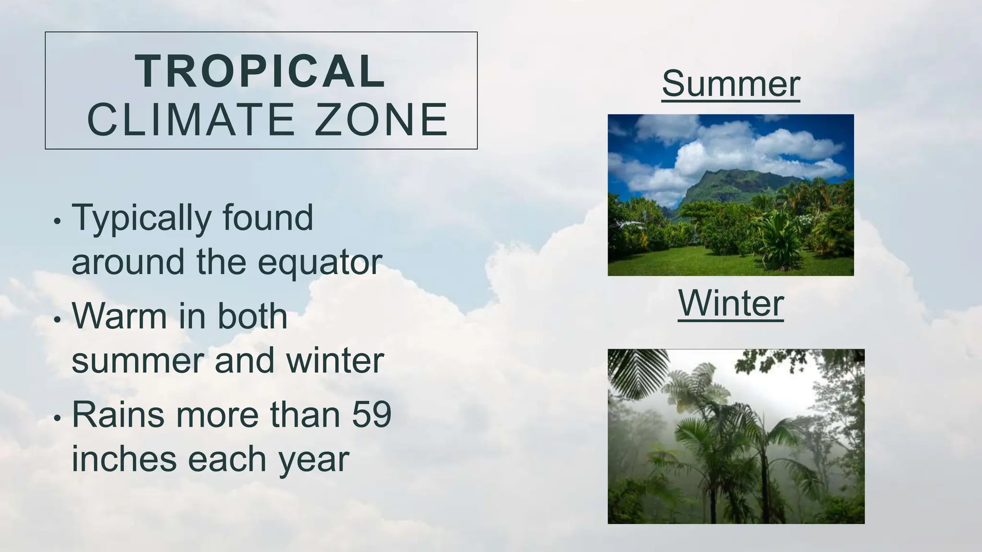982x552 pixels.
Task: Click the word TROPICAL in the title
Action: [260, 71]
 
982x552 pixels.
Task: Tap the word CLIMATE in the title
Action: [191, 120]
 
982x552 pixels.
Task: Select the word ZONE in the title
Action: [381, 120]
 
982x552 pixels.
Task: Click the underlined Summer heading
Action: [731, 84]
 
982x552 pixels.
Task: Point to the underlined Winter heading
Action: [731, 304]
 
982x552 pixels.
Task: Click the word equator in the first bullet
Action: [320, 263]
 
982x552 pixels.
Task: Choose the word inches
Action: [125, 459]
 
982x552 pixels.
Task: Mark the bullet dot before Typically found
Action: [58, 222]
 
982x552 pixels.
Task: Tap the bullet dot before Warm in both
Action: [58, 320]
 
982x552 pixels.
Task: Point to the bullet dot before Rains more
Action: [58, 418]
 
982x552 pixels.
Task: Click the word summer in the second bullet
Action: [137, 361]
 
